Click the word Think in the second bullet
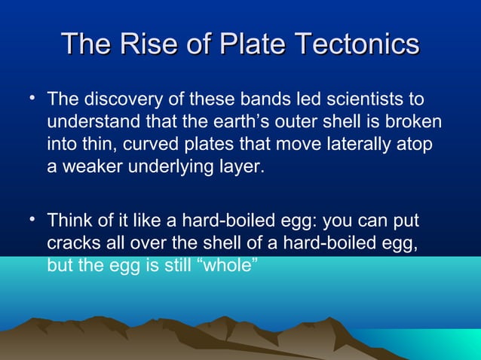(69, 222)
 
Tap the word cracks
(72, 244)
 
